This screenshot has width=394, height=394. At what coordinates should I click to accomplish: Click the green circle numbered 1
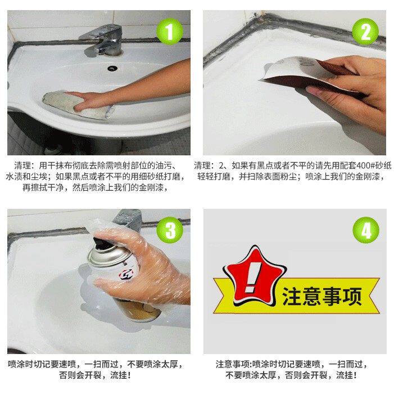(170, 32)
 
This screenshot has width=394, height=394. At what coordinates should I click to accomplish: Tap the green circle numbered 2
(365, 32)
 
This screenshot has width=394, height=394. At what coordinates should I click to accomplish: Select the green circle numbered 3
(170, 230)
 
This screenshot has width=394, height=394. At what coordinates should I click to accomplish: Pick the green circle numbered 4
(366, 230)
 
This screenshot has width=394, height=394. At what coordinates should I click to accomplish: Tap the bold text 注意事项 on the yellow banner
(322, 296)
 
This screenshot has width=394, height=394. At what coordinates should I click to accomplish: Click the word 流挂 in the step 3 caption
(119, 375)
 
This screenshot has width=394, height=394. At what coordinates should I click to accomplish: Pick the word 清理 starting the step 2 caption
(202, 165)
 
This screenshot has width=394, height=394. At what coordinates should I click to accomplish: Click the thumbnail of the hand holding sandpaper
(295, 83)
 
